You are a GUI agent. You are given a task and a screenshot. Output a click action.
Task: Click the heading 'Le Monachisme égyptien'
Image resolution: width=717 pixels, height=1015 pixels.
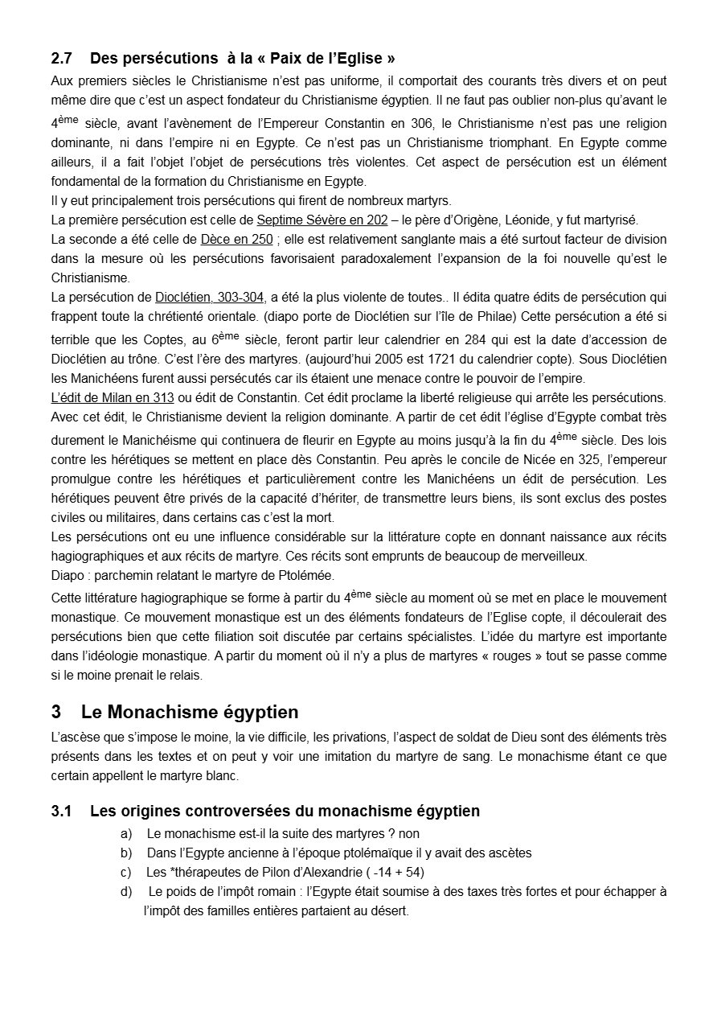[190, 713]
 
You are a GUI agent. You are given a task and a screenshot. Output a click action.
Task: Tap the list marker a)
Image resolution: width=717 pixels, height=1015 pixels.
[127, 834]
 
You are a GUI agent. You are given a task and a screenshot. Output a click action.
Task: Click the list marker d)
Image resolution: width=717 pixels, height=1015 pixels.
[127, 892]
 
